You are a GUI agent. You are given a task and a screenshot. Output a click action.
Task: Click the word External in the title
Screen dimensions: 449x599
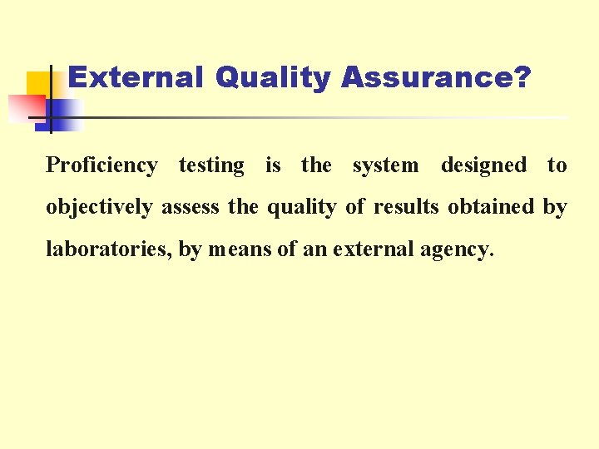[135, 78]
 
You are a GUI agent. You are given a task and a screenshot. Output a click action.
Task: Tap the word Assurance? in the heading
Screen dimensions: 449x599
[435, 78]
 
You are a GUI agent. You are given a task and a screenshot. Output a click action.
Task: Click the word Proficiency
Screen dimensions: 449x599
[101, 165]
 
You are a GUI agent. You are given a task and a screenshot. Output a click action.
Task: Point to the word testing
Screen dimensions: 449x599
[211, 165]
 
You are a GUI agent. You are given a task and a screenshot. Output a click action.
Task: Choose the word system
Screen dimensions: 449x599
[385, 165]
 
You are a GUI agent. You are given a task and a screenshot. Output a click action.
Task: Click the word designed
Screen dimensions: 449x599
[483, 165]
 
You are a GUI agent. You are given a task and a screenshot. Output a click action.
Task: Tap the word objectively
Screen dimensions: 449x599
[99, 207]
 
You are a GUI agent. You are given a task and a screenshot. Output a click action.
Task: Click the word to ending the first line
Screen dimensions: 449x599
[557, 165]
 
